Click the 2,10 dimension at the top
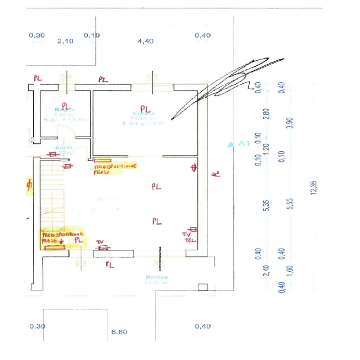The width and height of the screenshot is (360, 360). pyautogui.click(x=65, y=41)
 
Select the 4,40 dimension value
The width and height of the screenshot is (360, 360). pyautogui.click(x=146, y=41)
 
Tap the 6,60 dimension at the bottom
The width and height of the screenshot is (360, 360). pyautogui.click(x=119, y=332)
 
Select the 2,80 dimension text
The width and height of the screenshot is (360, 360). pyautogui.click(x=266, y=114)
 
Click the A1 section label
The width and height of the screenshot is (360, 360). pyautogui.click(x=243, y=144)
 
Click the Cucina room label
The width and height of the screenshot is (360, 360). pyautogui.click(x=145, y=114)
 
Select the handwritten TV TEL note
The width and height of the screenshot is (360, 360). pyautogui.click(x=187, y=237)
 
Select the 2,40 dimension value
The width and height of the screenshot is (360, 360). pyautogui.click(x=266, y=270)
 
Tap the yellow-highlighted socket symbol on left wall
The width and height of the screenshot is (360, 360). pyautogui.click(x=30, y=185)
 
